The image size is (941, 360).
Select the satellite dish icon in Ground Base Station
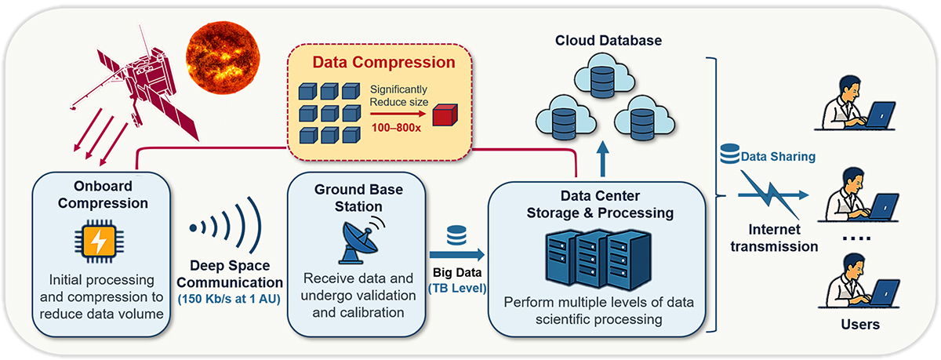356,240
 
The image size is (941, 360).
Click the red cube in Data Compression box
445,117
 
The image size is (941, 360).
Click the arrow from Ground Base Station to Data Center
456,255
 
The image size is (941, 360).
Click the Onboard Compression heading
100,195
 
